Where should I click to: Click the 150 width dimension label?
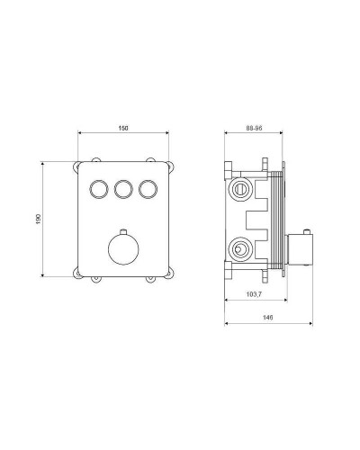click(123, 128)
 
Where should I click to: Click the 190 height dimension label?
click(38, 219)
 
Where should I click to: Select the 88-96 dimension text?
click(254, 128)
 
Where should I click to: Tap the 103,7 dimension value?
click(254, 294)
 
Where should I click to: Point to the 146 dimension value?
click(267, 318)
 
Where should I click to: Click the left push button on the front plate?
click(99, 189)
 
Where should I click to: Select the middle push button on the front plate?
click(123, 189)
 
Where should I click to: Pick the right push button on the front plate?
click(148, 189)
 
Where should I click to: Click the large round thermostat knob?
click(123, 249)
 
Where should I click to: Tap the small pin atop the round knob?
click(123, 232)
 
